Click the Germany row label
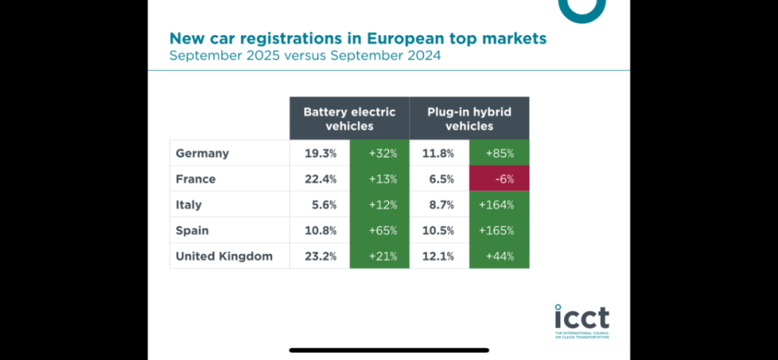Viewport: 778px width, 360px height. click(x=202, y=153)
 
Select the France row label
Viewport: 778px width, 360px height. click(x=195, y=179)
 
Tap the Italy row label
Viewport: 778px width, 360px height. click(x=189, y=204)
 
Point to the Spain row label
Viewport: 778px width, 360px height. click(x=193, y=230)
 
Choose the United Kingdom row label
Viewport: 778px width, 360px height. click(x=224, y=256)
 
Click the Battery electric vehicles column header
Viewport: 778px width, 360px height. click(x=349, y=118)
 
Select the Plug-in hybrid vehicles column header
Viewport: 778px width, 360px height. click(x=469, y=118)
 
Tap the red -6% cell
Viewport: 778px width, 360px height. click(x=499, y=179)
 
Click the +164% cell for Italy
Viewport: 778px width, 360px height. click(x=499, y=204)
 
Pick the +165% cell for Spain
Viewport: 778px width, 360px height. click(x=499, y=230)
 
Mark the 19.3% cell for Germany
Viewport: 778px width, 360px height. click(x=320, y=153)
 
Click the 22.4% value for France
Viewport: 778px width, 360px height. click(x=320, y=179)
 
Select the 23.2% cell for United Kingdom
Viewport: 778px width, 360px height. click(x=320, y=256)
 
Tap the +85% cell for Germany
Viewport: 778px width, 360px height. click(x=499, y=153)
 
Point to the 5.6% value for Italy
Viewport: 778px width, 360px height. click(x=320, y=204)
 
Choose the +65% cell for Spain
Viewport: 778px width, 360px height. click(x=380, y=230)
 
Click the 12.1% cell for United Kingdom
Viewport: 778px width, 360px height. click(x=440, y=256)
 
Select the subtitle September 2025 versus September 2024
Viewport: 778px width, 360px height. click(x=305, y=56)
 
